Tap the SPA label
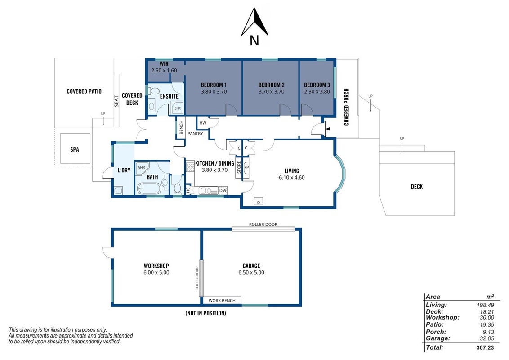pyautogui.click(x=75, y=149)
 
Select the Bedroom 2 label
pyautogui.click(x=272, y=85)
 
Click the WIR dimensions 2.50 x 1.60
pyautogui.click(x=164, y=71)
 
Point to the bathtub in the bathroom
pyautogui.click(x=149, y=188)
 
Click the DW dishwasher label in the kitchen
pyautogui.click(x=223, y=190)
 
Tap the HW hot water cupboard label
pyautogui.click(x=203, y=123)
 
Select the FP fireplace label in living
pyautogui.click(x=246, y=168)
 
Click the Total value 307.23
pyautogui.click(x=485, y=347)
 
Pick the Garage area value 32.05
pyautogui.click(x=487, y=338)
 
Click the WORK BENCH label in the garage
pyautogui.click(x=222, y=301)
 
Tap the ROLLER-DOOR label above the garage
pyautogui.click(x=263, y=225)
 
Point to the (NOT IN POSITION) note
pyautogui.click(x=206, y=313)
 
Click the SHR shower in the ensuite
pyautogui.click(x=178, y=108)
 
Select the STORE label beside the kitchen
pyautogui.click(x=239, y=167)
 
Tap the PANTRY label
pyautogui.click(x=196, y=134)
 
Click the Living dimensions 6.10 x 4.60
pyautogui.click(x=292, y=177)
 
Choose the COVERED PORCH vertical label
pyautogui.click(x=347, y=107)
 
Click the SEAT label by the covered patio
pyautogui.click(x=117, y=101)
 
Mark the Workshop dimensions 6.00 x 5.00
pyautogui.click(x=156, y=272)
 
